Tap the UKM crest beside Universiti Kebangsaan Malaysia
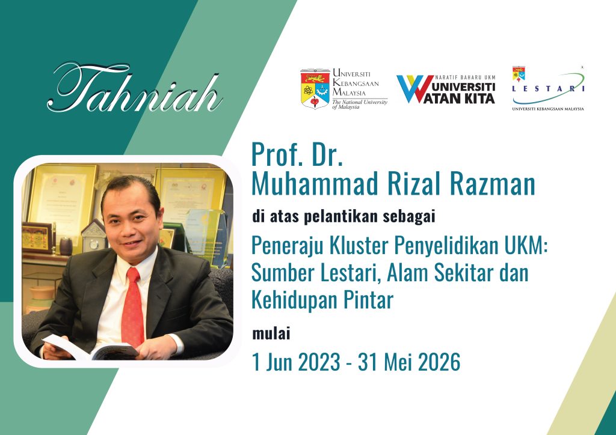[315, 88]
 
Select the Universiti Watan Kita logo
[445, 89]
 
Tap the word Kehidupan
[295, 299]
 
